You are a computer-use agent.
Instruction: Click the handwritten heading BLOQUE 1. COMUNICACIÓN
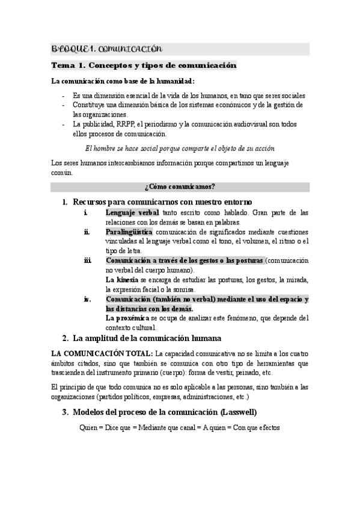pyautogui.click(x=107, y=48)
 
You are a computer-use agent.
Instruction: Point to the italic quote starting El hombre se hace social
pyautogui.click(x=180, y=148)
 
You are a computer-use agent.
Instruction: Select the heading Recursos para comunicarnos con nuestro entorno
pyautogui.click(x=162, y=201)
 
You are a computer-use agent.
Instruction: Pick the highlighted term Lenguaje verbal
pyautogui.click(x=132, y=213)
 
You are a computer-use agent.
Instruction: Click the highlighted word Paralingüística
pyautogui.click(x=129, y=232)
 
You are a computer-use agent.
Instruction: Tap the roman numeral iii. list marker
pyautogui.click(x=87, y=260)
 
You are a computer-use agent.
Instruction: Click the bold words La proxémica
pyautogui.click(x=126, y=318)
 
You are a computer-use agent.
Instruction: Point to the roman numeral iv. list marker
pyautogui.click(x=87, y=299)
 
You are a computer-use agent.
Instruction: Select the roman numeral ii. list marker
pyautogui.click(x=87, y=232)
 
